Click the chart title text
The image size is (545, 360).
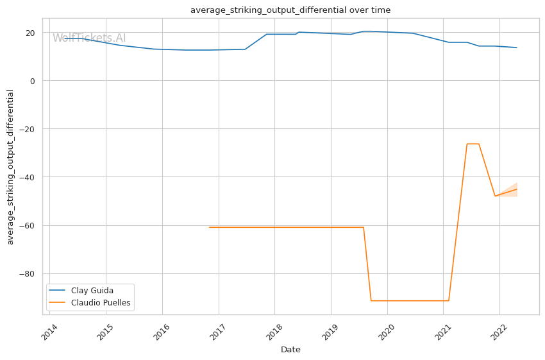tap(290, 10)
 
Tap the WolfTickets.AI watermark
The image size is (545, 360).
tap(89, 39)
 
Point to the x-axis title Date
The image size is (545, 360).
tap(290, 350)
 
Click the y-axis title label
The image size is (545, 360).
tap(10, 167)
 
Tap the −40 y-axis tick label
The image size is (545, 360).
tap(28, 177)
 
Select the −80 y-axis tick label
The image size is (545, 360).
tap(28, 274)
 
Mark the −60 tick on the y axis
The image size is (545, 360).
tap(28, 226)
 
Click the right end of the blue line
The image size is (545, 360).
tap(517, 47)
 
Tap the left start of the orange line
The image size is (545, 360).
tap(209, 227)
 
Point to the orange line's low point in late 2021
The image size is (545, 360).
tap(495, 196)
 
